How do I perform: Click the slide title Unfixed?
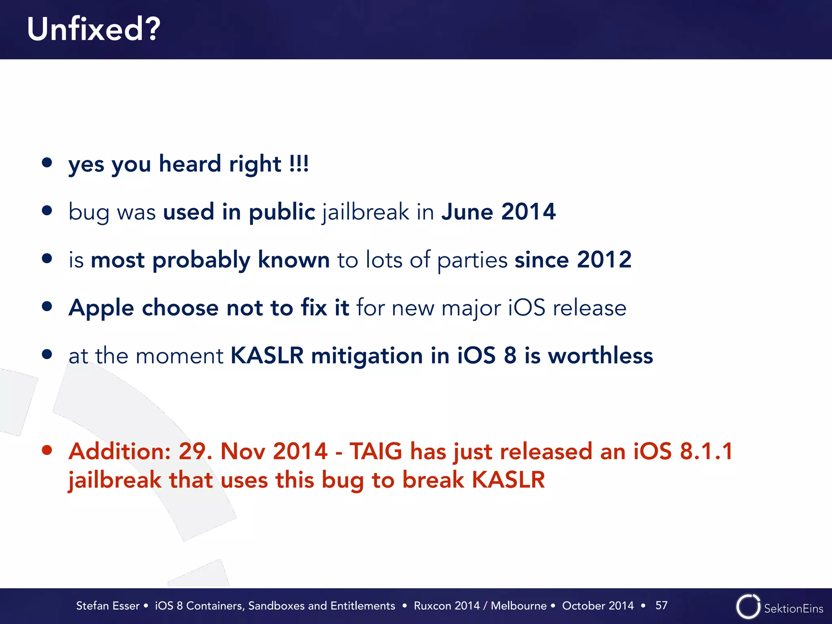(x=94, y=30)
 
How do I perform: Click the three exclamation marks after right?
(x=299, y=164)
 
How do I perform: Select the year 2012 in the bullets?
(x=604, y=260)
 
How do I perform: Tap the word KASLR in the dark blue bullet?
(x=267, y=355)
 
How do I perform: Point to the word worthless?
(x=600, y=355)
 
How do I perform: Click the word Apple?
(x=101, y=308)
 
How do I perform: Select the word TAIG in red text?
(x=376, y=451)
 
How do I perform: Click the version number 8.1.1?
(x=706, y=451)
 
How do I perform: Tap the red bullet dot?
(x=47, y=450)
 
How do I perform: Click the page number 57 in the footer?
(x=661, y=605)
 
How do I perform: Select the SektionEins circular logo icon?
(x=748, y=607)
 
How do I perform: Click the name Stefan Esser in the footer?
(x=108, y=606)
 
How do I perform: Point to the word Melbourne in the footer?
(x=518, y=606)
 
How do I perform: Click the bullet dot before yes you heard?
(x=47, y=162)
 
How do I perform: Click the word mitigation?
(x=367, y=356)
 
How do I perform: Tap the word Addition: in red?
(x=119, y=451)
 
